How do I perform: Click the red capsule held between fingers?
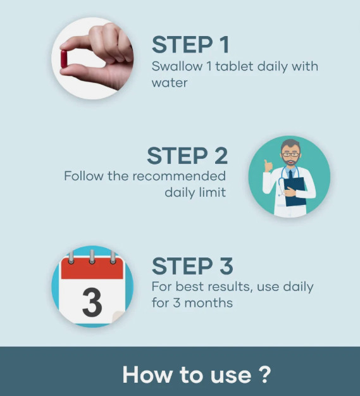(64, 59)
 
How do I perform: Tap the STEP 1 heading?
(190, 44)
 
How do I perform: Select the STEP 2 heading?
(187, 156)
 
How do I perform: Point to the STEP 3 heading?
(192, 266)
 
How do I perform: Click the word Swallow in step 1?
(177, 66)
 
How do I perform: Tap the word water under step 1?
(170, 83)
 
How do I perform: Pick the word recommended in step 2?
(179, 176)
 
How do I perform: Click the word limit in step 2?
(212, 192)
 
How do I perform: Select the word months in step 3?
(208, 303)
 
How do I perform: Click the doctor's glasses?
(291, 154)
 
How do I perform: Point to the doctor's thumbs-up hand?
(268, 165)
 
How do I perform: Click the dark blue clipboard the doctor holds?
(295, 192)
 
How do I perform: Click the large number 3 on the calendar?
(92, 302)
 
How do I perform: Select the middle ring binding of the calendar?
(92, 257)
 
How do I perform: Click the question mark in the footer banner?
(264, 374)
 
